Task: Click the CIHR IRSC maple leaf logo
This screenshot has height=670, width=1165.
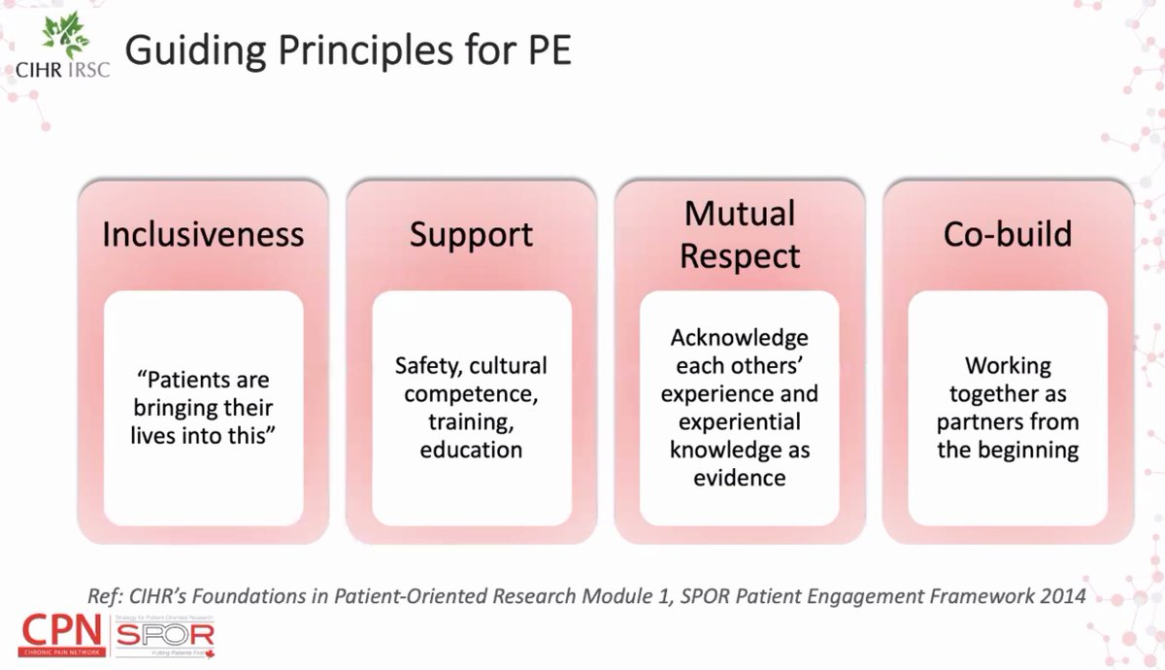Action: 63,37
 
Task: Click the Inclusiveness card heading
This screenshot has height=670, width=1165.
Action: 203,234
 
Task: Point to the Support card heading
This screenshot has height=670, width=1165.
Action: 471,234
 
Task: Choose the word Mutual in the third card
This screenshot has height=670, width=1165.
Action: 740,214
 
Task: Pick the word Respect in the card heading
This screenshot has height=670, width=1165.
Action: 740,255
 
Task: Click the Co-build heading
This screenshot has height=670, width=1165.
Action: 1008,234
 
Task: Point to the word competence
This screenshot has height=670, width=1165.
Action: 471,394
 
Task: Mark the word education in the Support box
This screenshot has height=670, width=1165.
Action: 471,451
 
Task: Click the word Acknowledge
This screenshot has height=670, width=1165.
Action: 740,338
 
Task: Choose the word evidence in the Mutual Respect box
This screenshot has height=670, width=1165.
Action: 740,479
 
